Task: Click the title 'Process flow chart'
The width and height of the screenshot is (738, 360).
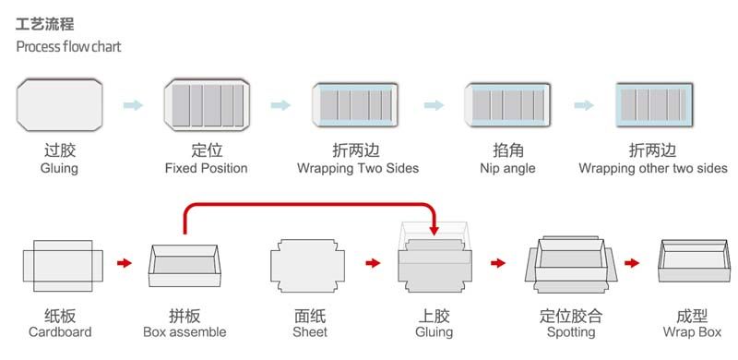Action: (68, 47)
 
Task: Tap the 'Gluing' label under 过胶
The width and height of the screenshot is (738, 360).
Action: (59, 169)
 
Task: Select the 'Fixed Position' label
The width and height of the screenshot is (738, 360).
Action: (206, 169)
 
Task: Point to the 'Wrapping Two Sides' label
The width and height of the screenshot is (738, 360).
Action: (357, 169)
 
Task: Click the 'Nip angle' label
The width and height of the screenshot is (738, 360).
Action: (507, 169)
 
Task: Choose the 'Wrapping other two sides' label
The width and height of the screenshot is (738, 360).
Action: (652, 169)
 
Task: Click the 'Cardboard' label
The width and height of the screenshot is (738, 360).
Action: (60, 331)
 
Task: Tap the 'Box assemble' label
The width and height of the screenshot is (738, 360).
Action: (184, 331)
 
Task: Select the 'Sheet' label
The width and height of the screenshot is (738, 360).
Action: (310, 331)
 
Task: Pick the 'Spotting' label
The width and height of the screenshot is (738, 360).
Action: (571, 331)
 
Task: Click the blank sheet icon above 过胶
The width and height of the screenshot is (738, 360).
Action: (60, 103)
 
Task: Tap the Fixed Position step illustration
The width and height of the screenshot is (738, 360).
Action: (207, 104)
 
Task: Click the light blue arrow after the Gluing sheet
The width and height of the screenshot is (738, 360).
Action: (133, 105)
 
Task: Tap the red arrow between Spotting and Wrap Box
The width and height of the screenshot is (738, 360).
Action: (634, 263)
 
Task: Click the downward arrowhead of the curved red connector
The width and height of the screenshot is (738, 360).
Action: (434, 231)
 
